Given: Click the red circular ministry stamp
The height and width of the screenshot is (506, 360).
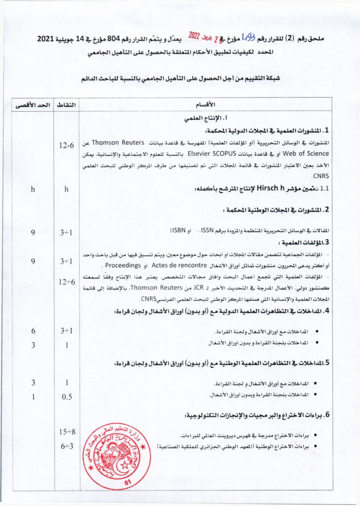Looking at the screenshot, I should (117, 455).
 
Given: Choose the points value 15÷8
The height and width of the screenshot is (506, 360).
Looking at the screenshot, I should (67, 432).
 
